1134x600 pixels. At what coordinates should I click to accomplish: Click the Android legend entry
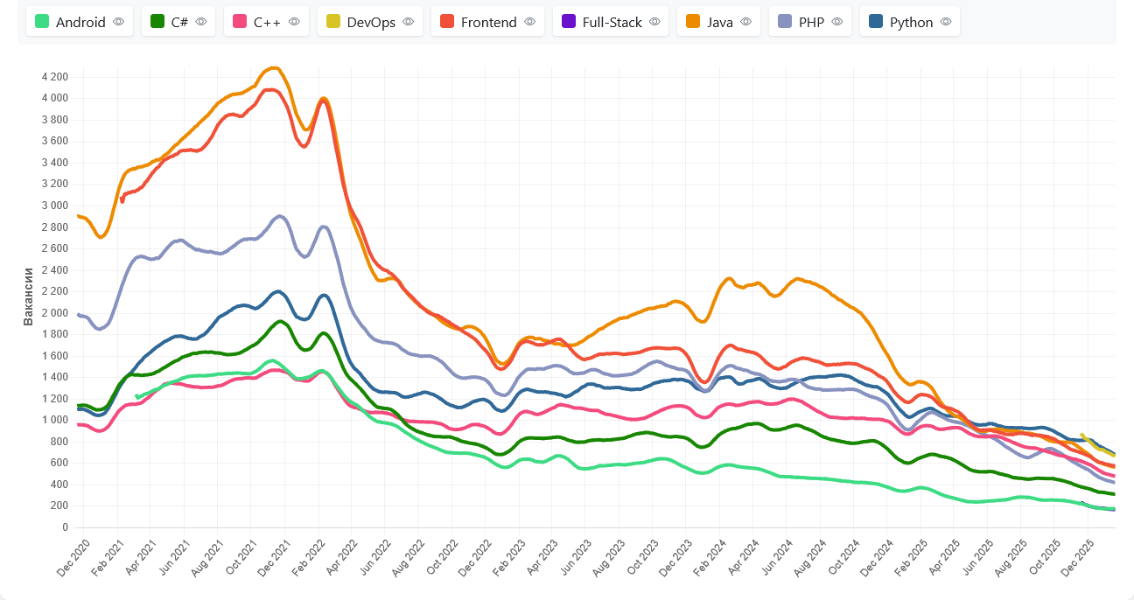80,22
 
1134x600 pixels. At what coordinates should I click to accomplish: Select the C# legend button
179,22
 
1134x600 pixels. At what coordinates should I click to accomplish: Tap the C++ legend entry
266,22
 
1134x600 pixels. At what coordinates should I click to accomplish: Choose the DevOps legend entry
369,22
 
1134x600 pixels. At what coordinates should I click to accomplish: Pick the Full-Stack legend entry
611,22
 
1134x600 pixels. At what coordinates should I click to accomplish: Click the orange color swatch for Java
692,22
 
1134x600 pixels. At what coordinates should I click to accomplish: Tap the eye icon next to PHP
836,22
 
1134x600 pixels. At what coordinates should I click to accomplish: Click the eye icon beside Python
946,22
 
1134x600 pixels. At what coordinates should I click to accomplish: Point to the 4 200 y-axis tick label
54,77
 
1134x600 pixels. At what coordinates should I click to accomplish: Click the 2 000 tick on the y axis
54,313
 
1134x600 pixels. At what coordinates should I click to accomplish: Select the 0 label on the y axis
64,527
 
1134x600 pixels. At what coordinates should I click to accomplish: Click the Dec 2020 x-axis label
73,559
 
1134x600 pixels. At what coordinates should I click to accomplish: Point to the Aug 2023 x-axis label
609,559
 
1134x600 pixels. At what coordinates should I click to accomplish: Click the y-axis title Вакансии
28,297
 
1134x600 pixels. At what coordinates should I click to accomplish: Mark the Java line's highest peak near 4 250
274,67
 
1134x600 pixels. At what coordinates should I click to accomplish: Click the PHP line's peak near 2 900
279,215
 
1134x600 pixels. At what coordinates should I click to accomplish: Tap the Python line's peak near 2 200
278,291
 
